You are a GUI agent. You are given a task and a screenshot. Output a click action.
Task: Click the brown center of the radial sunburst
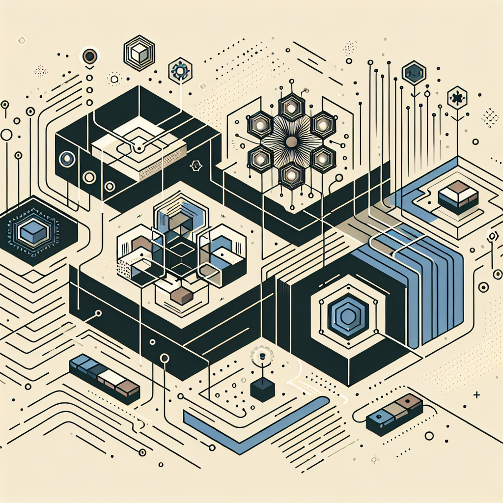click(291, 142)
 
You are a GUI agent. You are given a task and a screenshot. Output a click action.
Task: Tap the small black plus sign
click(476, 394)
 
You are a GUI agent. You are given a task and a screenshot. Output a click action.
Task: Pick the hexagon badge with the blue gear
click(180, 72)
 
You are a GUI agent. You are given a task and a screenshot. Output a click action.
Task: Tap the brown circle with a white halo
click(89, 57)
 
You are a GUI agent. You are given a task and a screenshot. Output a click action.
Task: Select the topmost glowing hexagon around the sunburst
click(291, 108)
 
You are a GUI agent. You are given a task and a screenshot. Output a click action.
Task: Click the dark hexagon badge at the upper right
click(414, 74)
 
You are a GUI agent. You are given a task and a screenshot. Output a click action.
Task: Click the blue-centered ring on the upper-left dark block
click(67, 159)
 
